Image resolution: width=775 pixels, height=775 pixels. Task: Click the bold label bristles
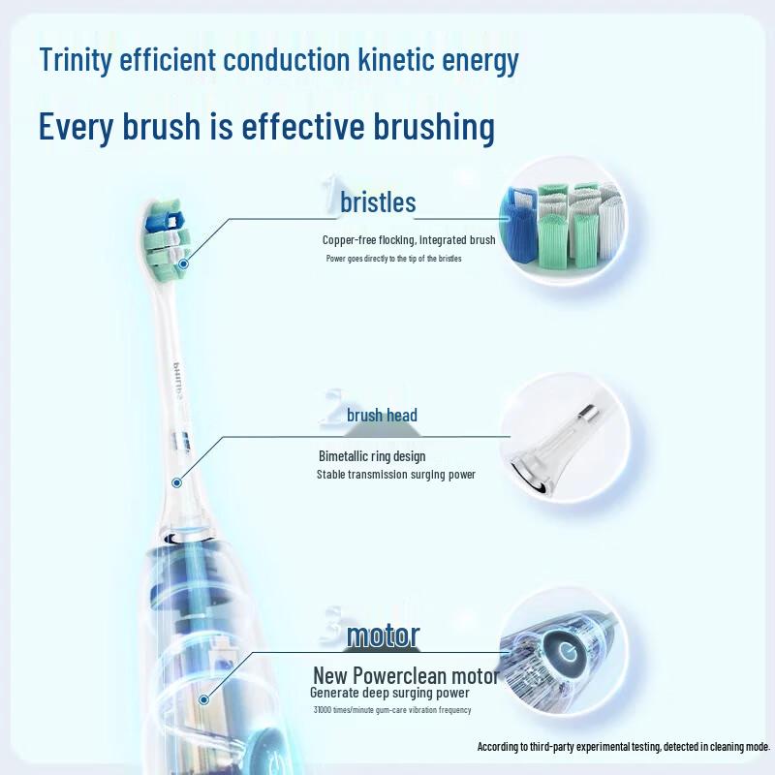[378, 202]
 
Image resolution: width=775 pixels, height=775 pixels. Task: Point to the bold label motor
[383, 635]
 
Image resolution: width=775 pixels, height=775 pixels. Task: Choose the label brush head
[382, 416]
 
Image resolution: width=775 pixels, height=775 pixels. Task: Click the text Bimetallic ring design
[372, 456]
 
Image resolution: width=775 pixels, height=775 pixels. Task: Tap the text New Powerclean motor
[406, 675]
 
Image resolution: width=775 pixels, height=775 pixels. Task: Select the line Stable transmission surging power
[395, 475]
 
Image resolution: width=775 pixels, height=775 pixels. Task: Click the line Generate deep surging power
[389, 694]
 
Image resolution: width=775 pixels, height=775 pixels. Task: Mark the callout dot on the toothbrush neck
[178, 481]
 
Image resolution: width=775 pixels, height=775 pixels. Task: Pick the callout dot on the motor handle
[203, 698]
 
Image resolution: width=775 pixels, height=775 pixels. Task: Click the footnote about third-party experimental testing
[623, 747]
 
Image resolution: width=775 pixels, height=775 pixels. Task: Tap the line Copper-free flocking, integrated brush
[409, 240]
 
